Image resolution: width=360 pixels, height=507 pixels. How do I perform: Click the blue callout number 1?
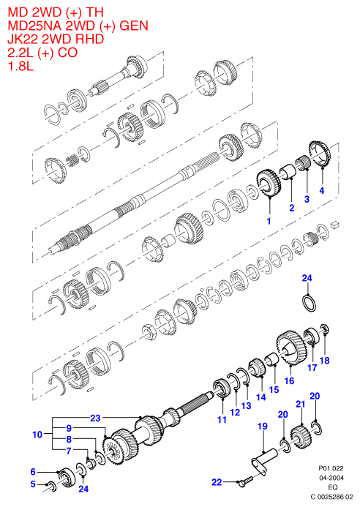(x=269, y=221)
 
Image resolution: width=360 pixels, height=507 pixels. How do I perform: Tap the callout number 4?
(x=321, y=190)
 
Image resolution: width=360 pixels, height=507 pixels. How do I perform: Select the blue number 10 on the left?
(x=37, y=435)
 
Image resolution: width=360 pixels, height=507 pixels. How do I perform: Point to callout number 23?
(x=95, y=418)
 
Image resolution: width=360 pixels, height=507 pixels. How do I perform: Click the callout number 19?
(x=263, y=427)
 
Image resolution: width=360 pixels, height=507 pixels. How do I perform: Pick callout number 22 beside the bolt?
(x=217, y=482)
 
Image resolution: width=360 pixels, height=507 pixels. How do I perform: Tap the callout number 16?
(x=289, y=380)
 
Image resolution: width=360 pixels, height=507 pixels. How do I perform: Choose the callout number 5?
(x=33, y=484)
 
